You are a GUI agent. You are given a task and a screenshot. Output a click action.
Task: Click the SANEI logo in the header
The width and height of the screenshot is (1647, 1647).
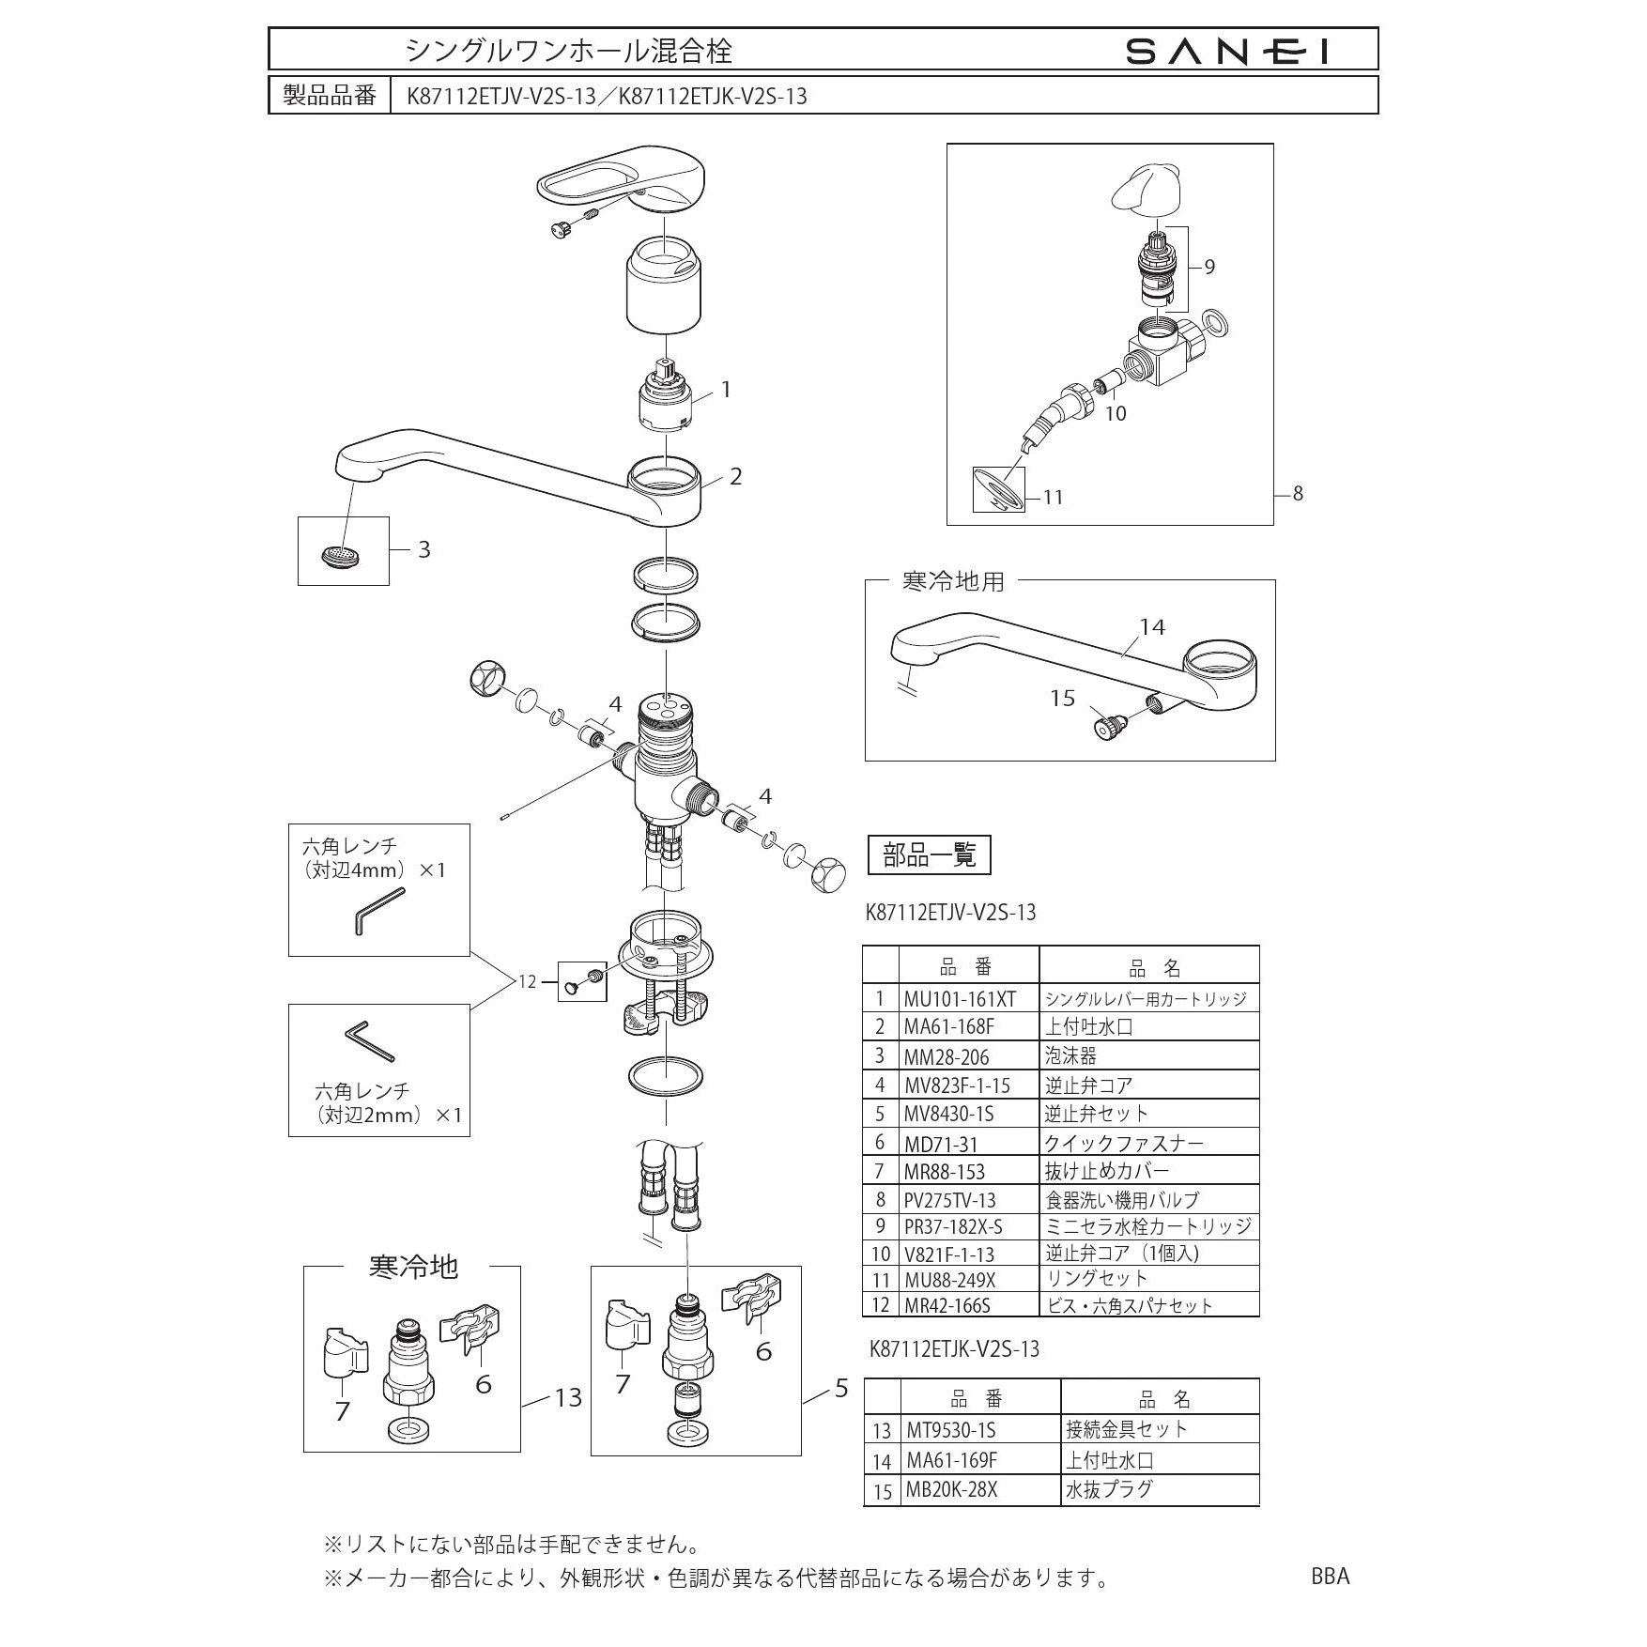[1227, 51]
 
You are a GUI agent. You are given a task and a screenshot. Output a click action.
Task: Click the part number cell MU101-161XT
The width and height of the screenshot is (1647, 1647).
[960, 999]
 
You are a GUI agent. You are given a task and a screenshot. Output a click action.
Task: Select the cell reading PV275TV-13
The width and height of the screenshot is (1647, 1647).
[949, 1200]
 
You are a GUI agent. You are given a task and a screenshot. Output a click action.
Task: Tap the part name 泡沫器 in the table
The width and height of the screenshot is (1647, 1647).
[1070, 1056]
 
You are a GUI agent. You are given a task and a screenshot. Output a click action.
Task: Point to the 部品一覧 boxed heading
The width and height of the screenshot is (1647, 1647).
[930, 854]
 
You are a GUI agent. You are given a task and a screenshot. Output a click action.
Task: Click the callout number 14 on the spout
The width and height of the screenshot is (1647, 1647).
[1152, 626]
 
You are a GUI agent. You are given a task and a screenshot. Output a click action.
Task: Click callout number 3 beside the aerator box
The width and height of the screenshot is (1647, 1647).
[423, 549]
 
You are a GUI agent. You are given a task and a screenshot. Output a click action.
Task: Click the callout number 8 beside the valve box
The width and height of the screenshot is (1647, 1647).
[1298, 493]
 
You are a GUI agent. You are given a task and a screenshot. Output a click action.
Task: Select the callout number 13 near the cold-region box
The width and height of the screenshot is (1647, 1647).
[568, 1397]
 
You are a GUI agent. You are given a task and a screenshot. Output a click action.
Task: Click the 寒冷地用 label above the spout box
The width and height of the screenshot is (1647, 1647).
[952, 582]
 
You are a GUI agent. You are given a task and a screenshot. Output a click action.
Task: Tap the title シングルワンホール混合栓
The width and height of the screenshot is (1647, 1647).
[568, 51]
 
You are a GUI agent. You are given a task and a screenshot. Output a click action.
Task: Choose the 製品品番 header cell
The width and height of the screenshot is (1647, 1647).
[330, 96]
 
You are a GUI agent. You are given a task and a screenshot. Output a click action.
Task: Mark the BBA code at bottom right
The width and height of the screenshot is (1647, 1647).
[1330, 1577]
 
